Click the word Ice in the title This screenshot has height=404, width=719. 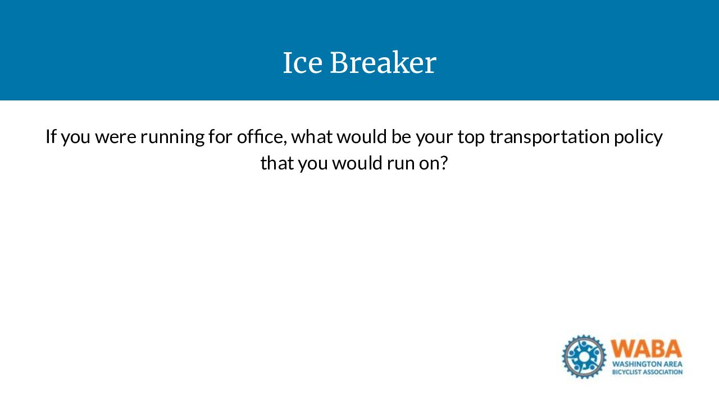tap(303, 63)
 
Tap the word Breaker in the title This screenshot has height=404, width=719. tap(383, 62)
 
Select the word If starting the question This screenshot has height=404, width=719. tap(51, 136)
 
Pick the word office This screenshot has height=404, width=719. tap(262, 136)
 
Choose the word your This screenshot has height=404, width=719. tap(435, 138)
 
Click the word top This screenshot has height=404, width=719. tap(471, 138)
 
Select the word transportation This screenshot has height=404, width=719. tap(549, 137)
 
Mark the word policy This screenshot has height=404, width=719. tap(639, 137)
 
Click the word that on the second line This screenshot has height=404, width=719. tap(277, 163)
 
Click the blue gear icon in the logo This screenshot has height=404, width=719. tap(584, 357)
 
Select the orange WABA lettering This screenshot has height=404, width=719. tap(646, 348)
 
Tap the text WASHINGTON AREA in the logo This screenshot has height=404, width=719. tap(647, 364)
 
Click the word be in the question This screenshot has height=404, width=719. tap(401, 136)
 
